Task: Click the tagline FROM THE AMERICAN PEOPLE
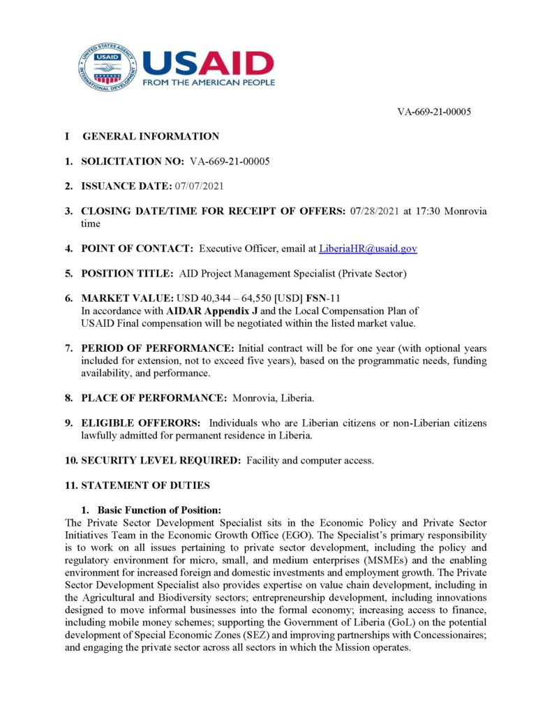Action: click(208, 82)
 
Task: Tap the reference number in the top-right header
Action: click(434, 112)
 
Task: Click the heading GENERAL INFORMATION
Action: click(151, 136)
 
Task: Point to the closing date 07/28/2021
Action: click(373, 211)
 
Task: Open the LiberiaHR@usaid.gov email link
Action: click(368, 249)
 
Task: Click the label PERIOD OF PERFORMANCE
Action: click(158, 348)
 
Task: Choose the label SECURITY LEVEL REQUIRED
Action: click(161, 460)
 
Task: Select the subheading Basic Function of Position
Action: click(160, 510)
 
